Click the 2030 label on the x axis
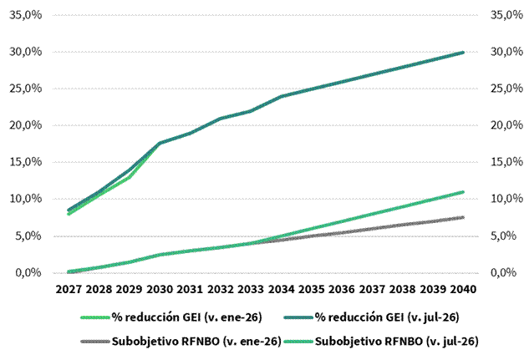[x=160, y=289]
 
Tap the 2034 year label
[x=281, y=289]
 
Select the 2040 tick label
[x=463, y=289]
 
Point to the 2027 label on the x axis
[x=69, y=289]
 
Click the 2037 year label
[x=372, y=289]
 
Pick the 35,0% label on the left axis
[x=26, y=15]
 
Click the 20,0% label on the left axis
[x=26, y=125]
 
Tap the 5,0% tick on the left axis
[x=28, y=236]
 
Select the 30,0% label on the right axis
[x=506, y=52]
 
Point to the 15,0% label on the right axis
[x=506, y=162]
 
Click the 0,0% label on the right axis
[x=503, y=272]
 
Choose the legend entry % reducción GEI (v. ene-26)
[x=171, y=317]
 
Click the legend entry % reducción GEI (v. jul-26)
[x=371, y=317]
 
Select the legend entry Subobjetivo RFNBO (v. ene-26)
[x=181, y=342]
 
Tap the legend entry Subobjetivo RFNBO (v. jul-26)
[x=381, y=342]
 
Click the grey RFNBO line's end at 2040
[x=463, y=217]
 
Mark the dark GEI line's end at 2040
[x=463, y=53]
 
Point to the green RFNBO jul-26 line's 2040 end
[x=463, y=192]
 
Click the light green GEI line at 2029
[x=130, y=177]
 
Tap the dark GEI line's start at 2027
[x=69, y=210]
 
